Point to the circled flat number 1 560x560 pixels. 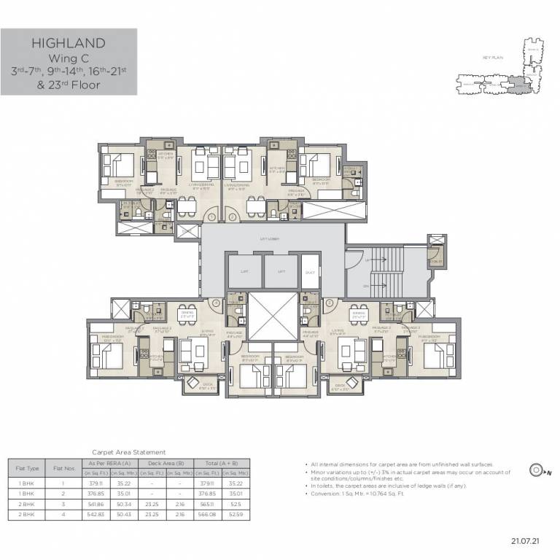[212, 217]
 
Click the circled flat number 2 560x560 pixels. [232, 217]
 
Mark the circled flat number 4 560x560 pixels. [217, 303]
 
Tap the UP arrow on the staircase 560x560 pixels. [368, 259]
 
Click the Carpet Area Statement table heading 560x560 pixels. [128, 452]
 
